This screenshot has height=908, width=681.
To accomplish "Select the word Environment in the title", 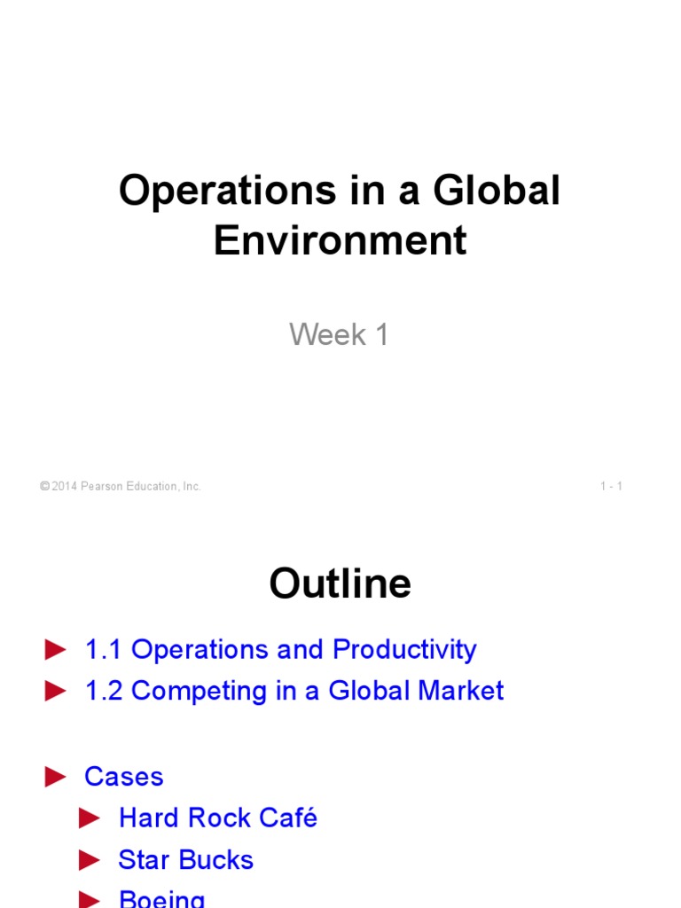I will tap(340, 240).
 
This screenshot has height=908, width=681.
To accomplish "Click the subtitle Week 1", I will tap(340, 334).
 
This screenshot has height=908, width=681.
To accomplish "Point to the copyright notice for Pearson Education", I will tap(121, 486).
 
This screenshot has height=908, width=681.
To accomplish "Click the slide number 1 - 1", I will tap(611, 486).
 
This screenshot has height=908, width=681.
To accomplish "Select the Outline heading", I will tap(340, 584).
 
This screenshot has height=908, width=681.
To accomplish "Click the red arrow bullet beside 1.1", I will tap(56, 650).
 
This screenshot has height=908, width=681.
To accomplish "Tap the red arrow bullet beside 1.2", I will tap(56, 692).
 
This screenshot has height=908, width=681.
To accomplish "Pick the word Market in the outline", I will tap(461, 692).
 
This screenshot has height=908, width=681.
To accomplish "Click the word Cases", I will tap(123, 777).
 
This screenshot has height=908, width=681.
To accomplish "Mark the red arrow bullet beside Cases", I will tap(56, 777).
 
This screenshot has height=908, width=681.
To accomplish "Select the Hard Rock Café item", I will tap(217, 818).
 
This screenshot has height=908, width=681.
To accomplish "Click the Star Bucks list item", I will tap(185, 859).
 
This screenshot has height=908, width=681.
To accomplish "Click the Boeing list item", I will tap(161, 899).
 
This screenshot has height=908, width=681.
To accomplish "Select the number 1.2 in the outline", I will tap(103, 692).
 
